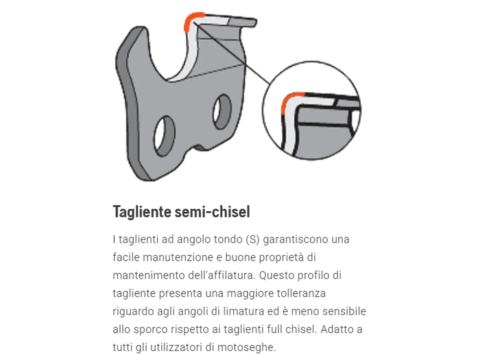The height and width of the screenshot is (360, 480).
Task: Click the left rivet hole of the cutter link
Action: (165, 135)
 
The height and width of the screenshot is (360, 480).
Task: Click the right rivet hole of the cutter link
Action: (221, 112)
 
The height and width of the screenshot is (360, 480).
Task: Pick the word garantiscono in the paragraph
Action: (297, 240)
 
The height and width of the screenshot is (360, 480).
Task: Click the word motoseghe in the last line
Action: (246, 347)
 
